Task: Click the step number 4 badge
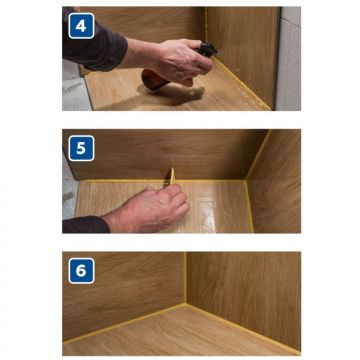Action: pyautogui.click(x=81, y=26)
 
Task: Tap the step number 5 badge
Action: pyautogui.click(x=81, y=148)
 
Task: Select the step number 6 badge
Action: pyautogui.click(x=81, y=271)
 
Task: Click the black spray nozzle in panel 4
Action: pyautogui.click(x=207, y=50)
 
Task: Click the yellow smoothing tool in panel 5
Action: pyautogui.click(x=172, y=176)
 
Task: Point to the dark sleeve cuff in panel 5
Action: pyautogui.click(x=86, y=224)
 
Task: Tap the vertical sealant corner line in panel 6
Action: pyautogui.click(x=186, y=277)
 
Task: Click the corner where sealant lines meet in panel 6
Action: pyautogui.click(x=186, y=304)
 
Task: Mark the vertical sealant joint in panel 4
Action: pyautogui.click(x=206, y=24)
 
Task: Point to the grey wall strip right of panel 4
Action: pyautogui.click(x=289, y=58)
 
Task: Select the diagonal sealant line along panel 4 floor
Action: pyautogui.click(x=242, y=83)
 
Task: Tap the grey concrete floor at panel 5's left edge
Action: pyautogui.click(x=68, y=197)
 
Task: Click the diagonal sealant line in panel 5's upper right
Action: pyautogui.click(x=258, y=154)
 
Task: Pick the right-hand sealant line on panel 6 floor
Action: pyautogui.click(x=243, y=329)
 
